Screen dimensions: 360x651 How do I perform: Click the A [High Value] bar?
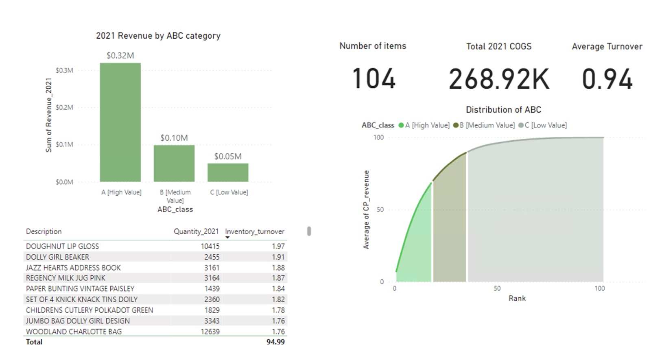(120, 122)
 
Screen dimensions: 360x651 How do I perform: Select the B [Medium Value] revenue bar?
(174, 163)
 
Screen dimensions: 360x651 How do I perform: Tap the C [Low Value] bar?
(228, 172)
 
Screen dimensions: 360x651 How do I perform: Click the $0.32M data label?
(120, 55)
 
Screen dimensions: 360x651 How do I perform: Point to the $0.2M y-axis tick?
(64, 107)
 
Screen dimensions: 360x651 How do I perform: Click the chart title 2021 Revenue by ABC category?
(158, 36)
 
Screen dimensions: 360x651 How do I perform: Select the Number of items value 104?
(374, 79)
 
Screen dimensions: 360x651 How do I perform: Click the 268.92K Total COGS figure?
(499, 79)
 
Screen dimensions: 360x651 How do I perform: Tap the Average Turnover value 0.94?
(607, 79)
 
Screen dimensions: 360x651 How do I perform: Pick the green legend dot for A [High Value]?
(401, 125)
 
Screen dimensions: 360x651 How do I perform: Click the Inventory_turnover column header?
(255, 231)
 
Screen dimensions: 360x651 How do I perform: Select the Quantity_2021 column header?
(196, 231)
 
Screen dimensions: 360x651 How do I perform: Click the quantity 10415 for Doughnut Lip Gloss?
(210, 246)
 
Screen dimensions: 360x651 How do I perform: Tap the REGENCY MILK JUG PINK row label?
(66, 278)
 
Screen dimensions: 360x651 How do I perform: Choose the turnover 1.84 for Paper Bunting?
(278, 288)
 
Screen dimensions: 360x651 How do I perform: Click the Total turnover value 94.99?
(275, 342)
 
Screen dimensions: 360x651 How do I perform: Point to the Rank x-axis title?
(517, 298)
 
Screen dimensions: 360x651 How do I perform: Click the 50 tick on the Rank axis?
(497, 288)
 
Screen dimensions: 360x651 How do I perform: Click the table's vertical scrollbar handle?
(309, 231)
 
